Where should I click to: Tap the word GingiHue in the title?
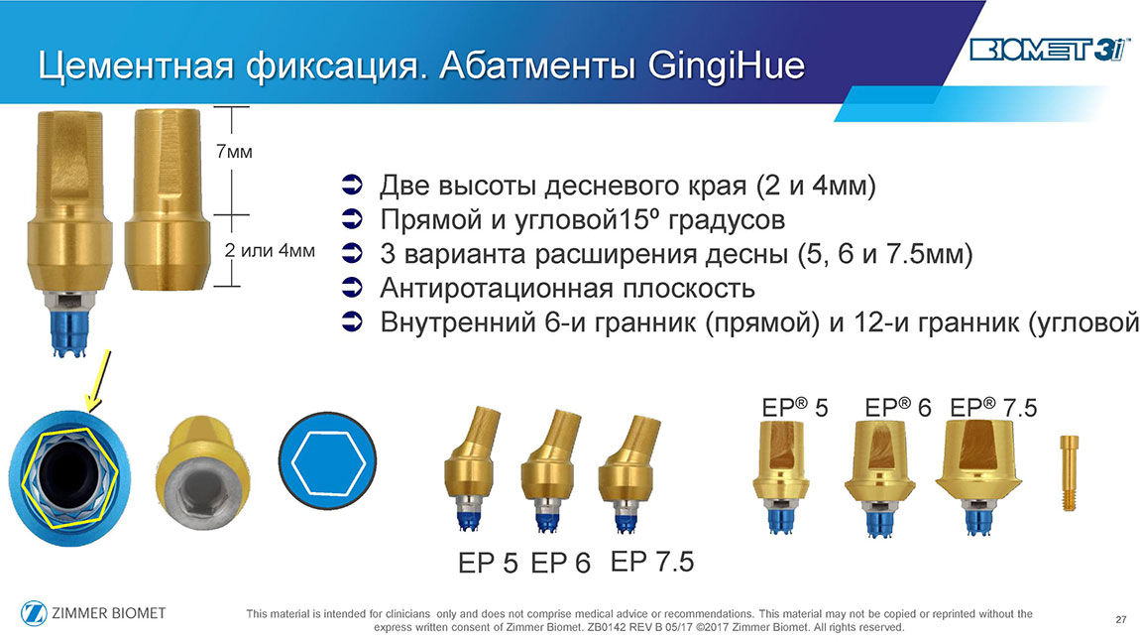(727, 65)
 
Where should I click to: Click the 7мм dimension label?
(234, 152)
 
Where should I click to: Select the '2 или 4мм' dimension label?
(270, 250)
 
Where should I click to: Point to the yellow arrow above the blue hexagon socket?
(98, 380)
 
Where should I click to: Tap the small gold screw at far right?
(1069, 472)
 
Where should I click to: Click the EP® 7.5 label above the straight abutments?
(994, 408)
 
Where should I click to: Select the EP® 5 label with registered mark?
(795, 408)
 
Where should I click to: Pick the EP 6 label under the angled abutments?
(560, 563)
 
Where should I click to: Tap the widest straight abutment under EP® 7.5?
(977, 476)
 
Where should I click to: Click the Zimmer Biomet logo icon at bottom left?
(34, 613)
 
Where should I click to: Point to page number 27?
(1120, 619)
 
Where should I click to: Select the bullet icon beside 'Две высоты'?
(352, 185)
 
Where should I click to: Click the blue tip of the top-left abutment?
(69, 332)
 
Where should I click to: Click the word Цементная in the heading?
(136, 66)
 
